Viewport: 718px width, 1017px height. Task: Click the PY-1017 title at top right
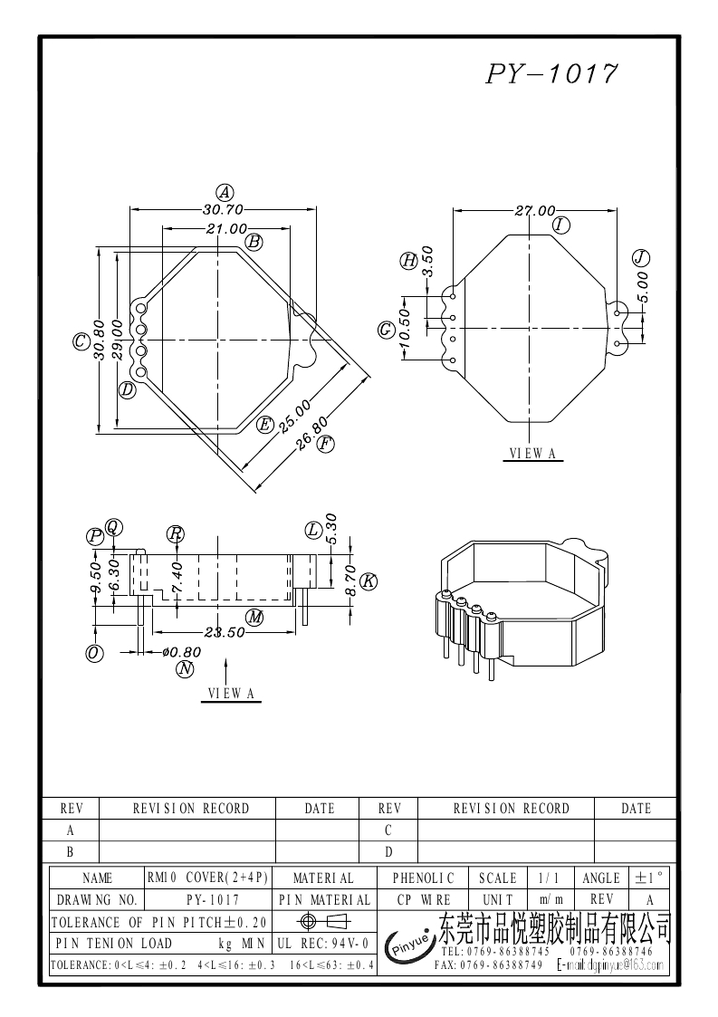552,73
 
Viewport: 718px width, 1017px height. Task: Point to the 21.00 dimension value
225,229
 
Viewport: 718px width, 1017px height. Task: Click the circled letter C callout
81,341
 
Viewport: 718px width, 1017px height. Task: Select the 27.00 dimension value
534,211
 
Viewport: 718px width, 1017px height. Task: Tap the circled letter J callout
641,257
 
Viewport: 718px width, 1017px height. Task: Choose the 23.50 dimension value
224,633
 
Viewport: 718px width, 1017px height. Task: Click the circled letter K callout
368,581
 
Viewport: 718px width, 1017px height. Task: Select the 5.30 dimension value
330,529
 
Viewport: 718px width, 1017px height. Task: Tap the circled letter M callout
255,618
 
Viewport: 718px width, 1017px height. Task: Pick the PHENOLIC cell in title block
424,878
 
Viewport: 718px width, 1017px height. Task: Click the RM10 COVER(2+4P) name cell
207,878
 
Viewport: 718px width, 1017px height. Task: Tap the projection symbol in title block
322,922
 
